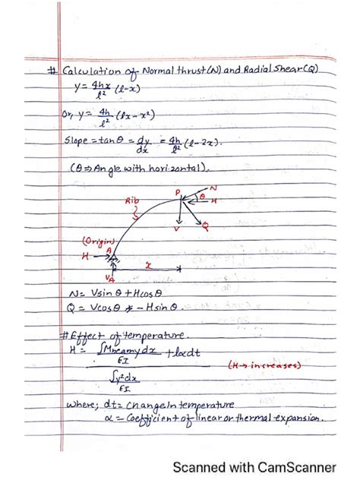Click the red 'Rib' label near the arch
pyautogui.click(x=135, y=203)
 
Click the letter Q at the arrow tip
pyautogui.click(x=206, y=226)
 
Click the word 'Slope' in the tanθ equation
pyautogui.click(x=79, y=141)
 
